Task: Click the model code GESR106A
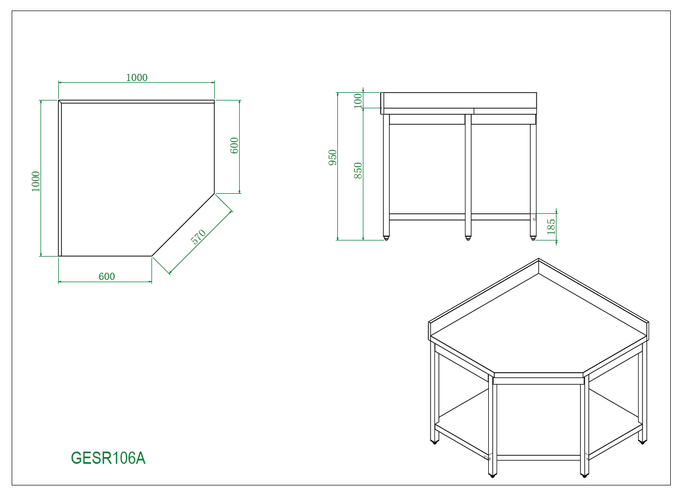click(x=108, y=458)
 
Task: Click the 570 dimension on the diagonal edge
click(x=198, y=237)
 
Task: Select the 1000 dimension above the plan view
click(x=136, y=78)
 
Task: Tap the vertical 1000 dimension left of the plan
click(x=36, y=181)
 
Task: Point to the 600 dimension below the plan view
click(x=107, y=277)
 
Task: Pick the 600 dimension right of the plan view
click(x=234, y=146)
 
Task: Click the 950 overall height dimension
click(x=333, y=157)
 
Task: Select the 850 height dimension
click(x=358, y=170)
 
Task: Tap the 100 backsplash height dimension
click(x=358, y=101)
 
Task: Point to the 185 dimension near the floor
click(x=551, y=227)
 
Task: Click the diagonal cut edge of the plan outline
click(x=183, y=225)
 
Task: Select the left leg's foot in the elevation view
click(x=386, y=238)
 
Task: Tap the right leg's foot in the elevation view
click(x=533, y=238)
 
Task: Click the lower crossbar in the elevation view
click(x=459, y=217)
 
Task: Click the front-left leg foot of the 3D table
click(x=492, y=475)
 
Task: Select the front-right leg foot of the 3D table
click(x=584, y=475)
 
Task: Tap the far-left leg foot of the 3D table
click(x=434, y=442)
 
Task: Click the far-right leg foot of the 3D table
click(x=642, y=442)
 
